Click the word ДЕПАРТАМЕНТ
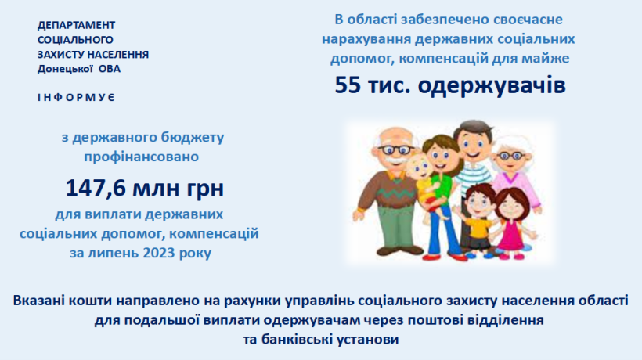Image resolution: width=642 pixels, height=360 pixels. pos(76,25)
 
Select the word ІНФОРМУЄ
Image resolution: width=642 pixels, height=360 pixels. pos(76,98)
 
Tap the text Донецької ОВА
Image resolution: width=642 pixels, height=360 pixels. pos(79,69)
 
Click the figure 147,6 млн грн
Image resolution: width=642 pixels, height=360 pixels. pos(145,188)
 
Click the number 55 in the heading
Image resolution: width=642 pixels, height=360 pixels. pos(348,85)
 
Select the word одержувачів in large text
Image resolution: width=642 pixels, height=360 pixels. pos(492,86)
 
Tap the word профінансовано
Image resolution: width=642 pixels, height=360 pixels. pos(141,157)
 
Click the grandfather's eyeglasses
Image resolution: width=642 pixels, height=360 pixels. pos(396,149)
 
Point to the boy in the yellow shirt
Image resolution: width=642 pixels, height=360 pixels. pos(477,221)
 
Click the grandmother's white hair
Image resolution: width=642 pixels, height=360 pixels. pos(514,146)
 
